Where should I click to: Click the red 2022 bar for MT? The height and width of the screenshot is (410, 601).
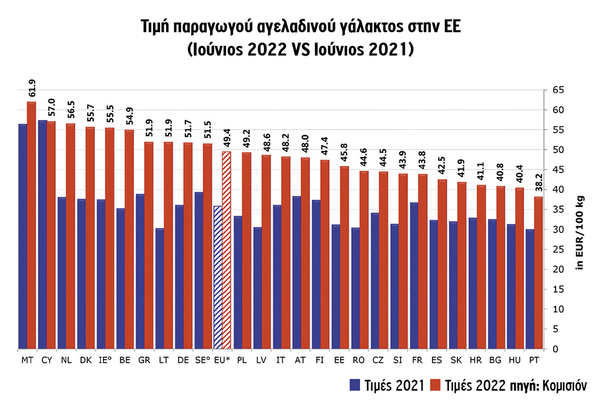click(32, 225)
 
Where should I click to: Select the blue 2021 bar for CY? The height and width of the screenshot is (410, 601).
click(42, 234)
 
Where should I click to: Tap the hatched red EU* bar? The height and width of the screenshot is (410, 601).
click(227, 250)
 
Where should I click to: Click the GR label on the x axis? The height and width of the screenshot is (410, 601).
click(144, 359)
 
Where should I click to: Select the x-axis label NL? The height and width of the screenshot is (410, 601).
click(65, 359)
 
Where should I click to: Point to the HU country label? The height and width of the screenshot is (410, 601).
click(515, 359)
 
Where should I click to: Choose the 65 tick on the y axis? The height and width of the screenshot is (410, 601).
click(557, 90)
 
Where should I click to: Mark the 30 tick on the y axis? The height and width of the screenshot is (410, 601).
click(557, 230)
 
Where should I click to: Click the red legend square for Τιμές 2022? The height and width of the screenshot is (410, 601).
click(435, 385)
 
